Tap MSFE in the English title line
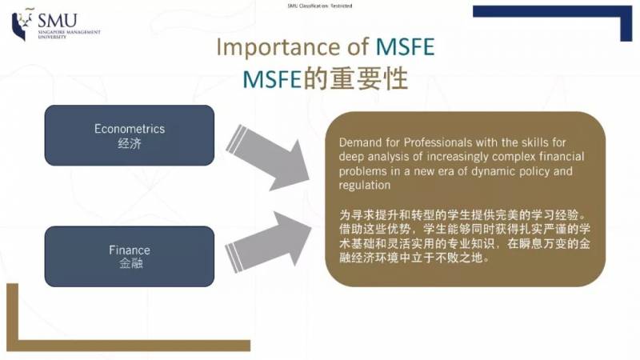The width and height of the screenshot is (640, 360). point(404,47)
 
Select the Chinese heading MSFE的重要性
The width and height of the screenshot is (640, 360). point(326,80)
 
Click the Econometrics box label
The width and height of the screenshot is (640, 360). point(129,128)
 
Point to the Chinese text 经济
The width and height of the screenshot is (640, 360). point(129,143)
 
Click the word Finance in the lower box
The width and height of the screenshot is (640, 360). point(129,250)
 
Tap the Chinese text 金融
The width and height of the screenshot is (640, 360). point(129,263)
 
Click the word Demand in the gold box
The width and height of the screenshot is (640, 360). point(360,142)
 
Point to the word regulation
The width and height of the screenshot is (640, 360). point(365,185)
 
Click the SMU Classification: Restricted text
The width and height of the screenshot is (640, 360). point(319,6)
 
